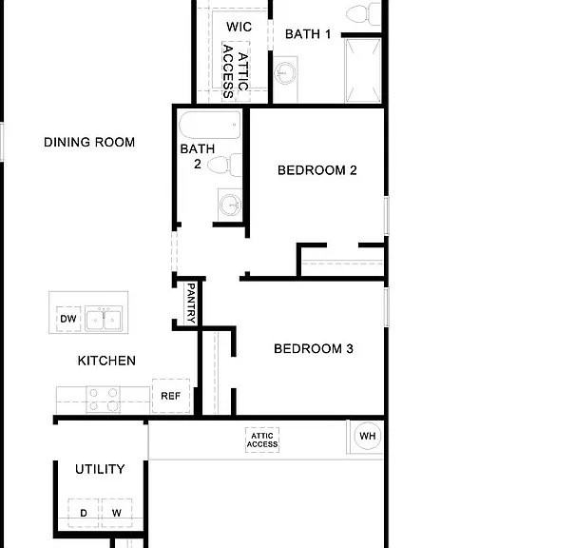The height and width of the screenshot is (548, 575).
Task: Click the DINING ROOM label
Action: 89,143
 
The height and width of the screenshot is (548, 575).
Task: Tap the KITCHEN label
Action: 106,361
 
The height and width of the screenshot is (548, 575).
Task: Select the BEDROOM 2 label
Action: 317,170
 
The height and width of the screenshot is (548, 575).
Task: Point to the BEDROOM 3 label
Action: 314,349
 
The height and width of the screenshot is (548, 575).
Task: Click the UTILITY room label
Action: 100,469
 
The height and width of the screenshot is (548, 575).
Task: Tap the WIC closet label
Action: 240,27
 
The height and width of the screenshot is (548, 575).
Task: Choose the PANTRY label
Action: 191,303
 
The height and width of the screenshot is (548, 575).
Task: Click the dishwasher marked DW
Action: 68,319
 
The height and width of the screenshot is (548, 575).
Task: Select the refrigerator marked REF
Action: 171,396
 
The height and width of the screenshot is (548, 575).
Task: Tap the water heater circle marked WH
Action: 368,436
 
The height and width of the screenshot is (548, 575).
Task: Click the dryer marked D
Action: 84,513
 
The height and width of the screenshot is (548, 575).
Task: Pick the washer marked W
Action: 117,513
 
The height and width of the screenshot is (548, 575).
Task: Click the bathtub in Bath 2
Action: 210,125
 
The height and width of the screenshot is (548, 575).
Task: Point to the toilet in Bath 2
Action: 224,166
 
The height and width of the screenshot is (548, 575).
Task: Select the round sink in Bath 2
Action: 230,205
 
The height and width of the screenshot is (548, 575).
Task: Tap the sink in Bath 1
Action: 285,72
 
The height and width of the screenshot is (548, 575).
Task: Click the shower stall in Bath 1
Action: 363,70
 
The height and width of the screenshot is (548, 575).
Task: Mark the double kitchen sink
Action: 104,320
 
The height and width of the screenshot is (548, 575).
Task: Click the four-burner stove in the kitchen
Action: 103,400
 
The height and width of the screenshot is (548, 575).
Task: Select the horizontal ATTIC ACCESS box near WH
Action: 262,440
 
